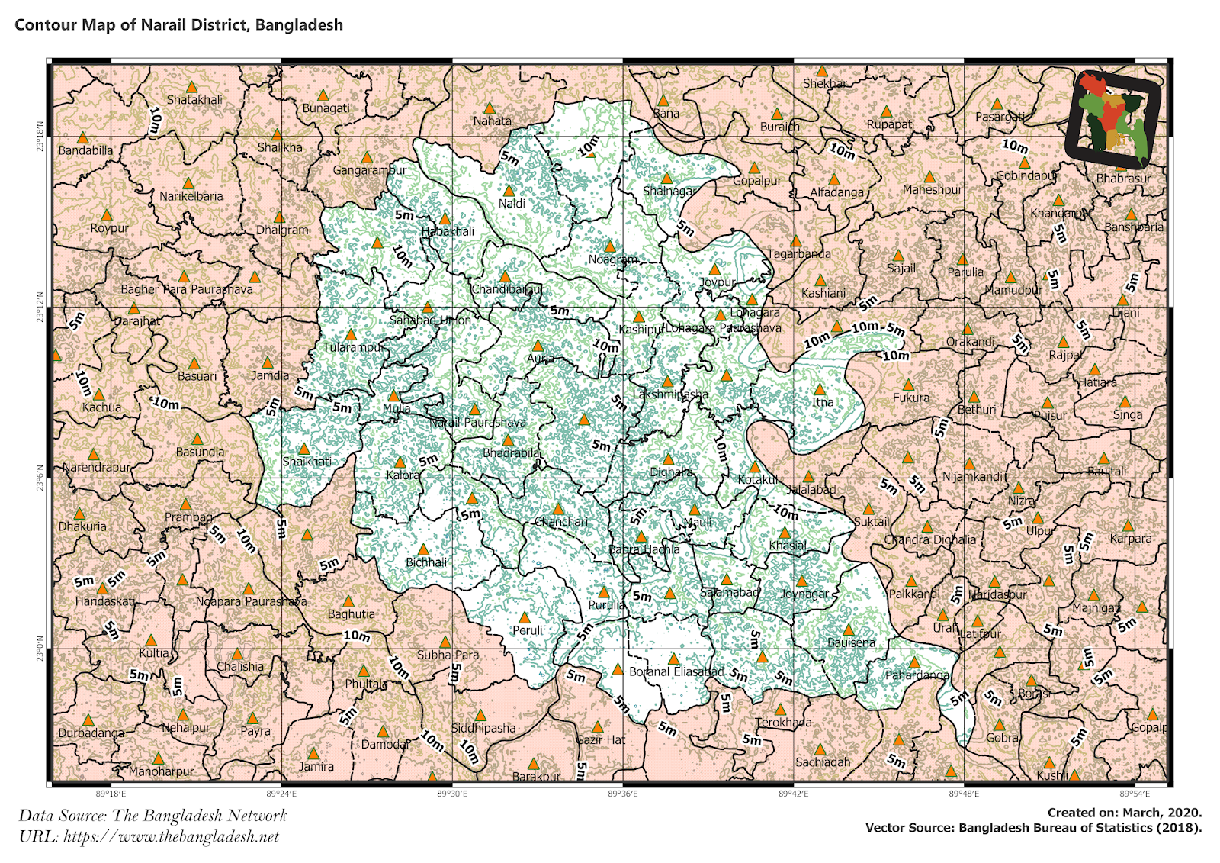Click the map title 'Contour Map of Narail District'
pyautogui.click(x=178, y=24)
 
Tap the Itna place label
pyautogui.click(x=823, y=402)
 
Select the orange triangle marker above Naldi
pyautogui.click(x=509, y=191)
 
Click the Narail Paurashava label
pyautogui.click(x=478, y=422)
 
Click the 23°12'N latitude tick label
pyautogui.click(x=39, y=308)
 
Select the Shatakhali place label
pyautogui.click(x=194, y=100)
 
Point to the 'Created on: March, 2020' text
pyautogui.click(x=1124, y=813)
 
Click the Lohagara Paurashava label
pyautogui.click(x=724, y=328)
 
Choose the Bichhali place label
pyautogui.click(x=426, y=562)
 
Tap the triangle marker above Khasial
pyautogui.click(x=785, y=533)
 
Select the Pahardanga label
pyautogui.click(x=917, y=675)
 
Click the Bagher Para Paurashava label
pyautogui.click(x=187, y=289)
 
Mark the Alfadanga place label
pyautogui.click(x=836, y=192)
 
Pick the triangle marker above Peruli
pyautogui.click(x=524, y=617)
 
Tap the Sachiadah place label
pyautogui.click(x=823, y=762)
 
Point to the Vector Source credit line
pyautogui.click(x=1033, y=828)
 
